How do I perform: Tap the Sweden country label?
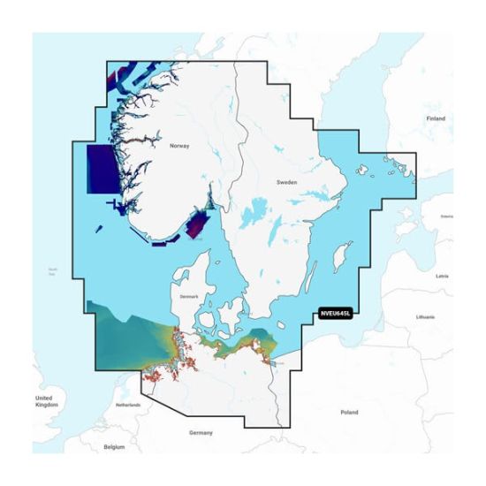(287, 181)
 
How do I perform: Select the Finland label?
(436, 118)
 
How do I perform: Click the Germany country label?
(201, 432)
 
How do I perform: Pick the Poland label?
(350, 412)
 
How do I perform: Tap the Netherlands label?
(129, 406)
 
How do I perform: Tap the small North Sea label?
(53, 270)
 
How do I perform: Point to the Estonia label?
(446, 216)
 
